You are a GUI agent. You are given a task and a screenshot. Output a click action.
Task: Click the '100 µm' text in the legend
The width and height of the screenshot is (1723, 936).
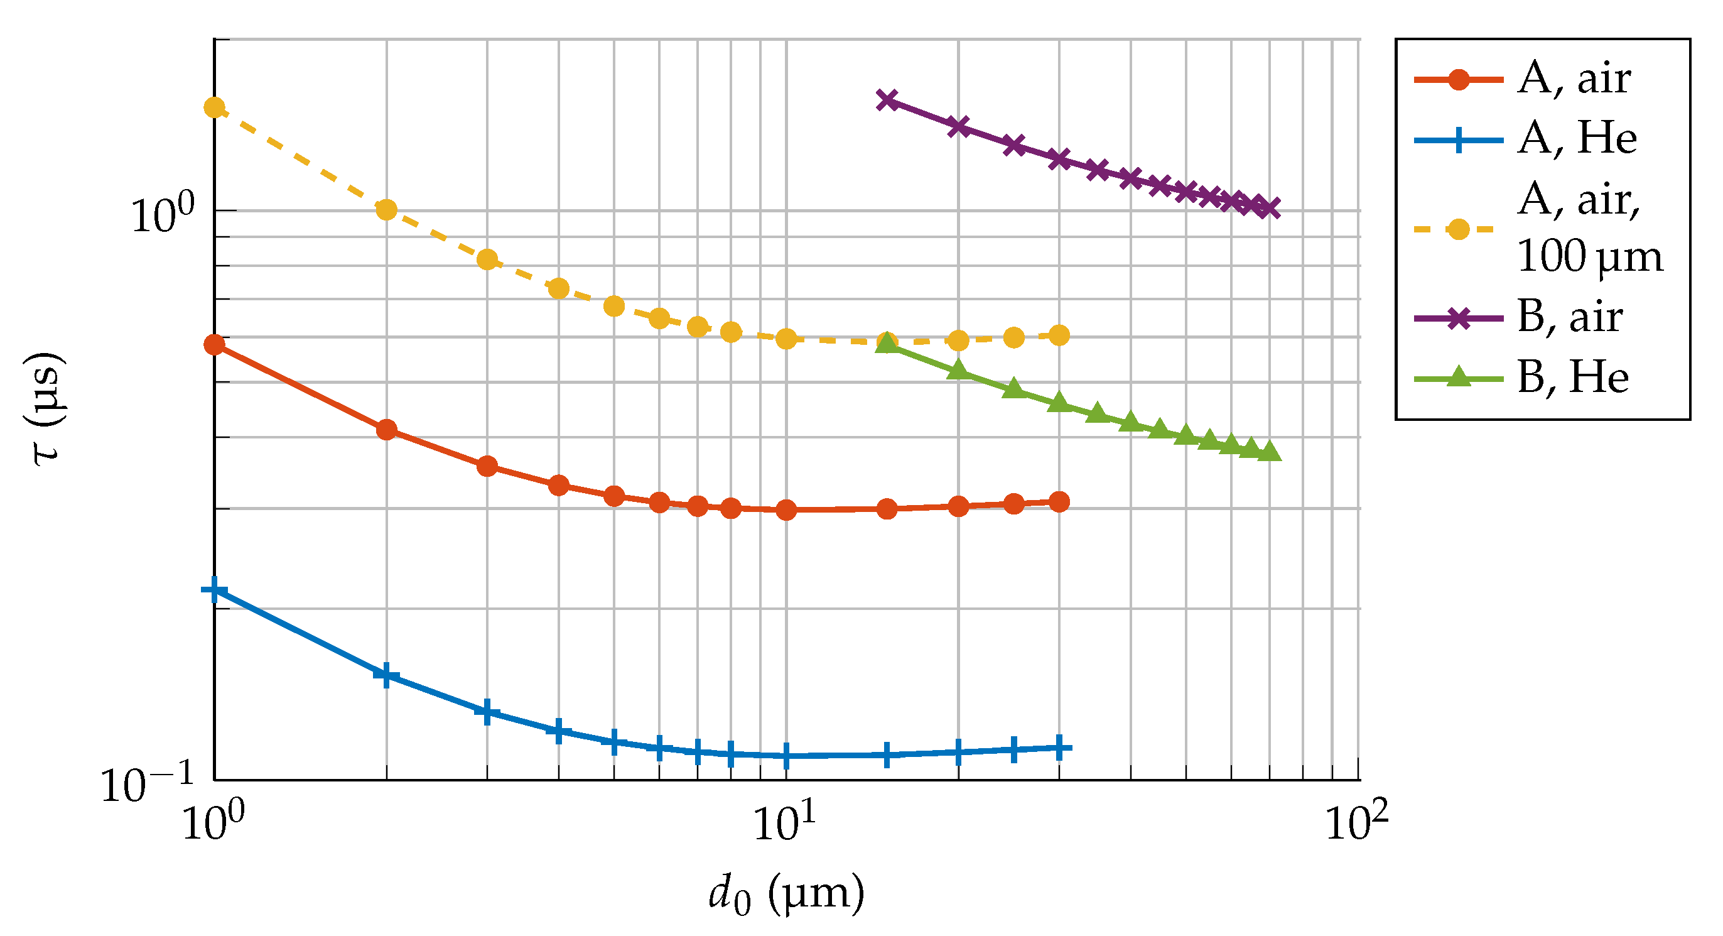pos(1589,256)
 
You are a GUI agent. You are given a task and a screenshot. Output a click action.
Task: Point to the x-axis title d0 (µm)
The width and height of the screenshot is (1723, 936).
pos(787,895)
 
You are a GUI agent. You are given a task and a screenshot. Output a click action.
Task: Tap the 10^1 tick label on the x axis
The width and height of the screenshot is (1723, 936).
pos(787,822)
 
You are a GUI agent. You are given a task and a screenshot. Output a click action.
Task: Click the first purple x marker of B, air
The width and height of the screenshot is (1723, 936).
pos(887,101)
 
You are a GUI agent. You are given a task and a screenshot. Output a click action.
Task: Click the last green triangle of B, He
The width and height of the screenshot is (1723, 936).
pos(1270,453)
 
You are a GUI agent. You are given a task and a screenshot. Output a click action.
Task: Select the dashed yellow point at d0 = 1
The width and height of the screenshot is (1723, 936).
pos(214,107)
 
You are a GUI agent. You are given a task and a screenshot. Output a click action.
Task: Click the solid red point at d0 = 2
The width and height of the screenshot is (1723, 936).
pos(386,430)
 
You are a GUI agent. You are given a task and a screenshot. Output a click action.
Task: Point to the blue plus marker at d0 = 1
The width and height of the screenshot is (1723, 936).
pos(214,590)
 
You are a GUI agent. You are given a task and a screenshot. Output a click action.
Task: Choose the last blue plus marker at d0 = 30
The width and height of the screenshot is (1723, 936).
pos(1059,748)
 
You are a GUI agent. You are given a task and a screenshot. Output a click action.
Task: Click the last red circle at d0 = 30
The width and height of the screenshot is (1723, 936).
pos(1059,502)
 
